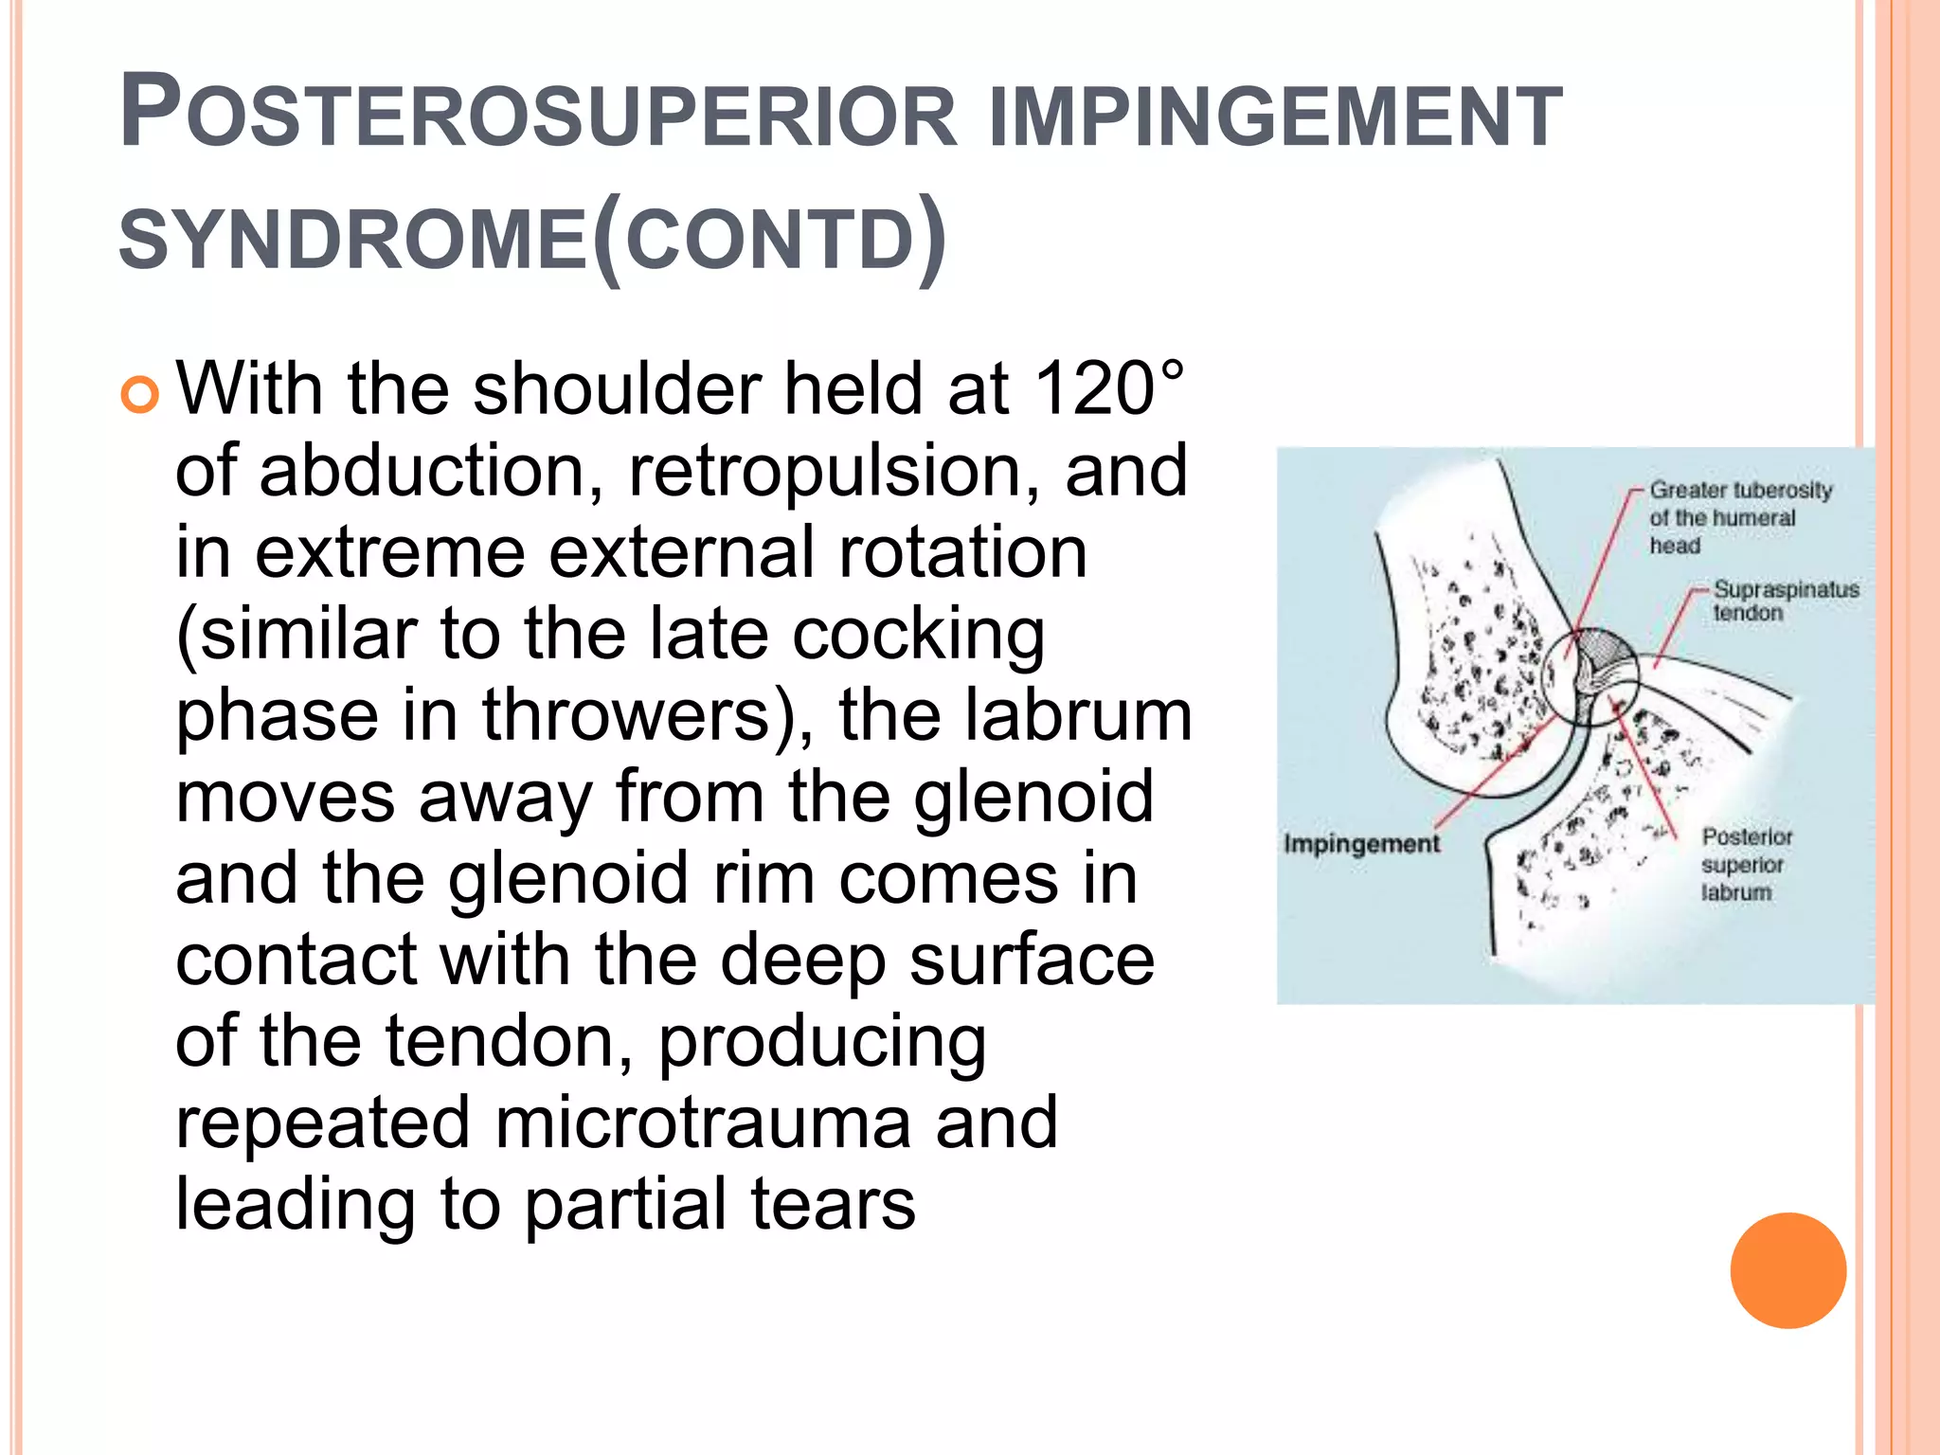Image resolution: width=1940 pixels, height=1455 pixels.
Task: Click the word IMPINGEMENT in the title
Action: pyautogui.click(x=1274, y=116)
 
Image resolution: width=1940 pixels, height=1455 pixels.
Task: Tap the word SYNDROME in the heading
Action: pyautogui.click(x=352, y=239)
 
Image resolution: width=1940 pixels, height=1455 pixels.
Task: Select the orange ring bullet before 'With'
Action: pyautogui.click(x=140, y=393)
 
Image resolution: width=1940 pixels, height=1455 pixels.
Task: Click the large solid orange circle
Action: pyautogui.click(x=1787, y=1270)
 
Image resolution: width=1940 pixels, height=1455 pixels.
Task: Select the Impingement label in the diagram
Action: pyautogui.click(x=1361, y=843)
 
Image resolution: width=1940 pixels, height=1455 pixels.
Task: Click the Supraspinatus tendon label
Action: pyautogui.click(x=1785, y=601)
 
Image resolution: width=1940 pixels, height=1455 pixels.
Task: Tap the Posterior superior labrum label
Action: pyautogui.click(x=1746, y=864)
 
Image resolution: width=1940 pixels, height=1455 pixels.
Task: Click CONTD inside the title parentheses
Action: pyautogui.click(x=769, y=239)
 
